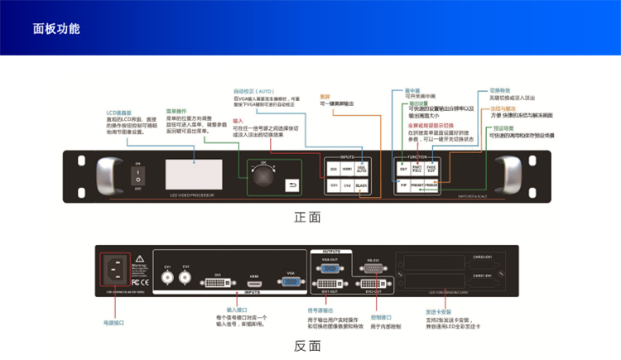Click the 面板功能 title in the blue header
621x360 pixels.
coord(56,29)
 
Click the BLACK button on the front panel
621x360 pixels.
coord(362,185)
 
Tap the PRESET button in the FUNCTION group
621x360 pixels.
coord(417,185)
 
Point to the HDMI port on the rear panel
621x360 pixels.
coord(255,283)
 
